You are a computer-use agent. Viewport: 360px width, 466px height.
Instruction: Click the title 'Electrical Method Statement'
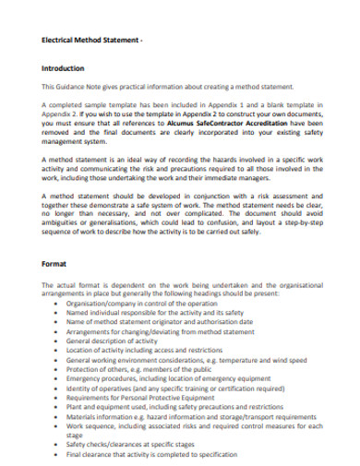91,42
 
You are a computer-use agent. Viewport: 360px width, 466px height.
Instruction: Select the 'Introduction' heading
63,69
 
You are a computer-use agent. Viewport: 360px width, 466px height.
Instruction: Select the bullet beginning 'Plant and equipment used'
176,407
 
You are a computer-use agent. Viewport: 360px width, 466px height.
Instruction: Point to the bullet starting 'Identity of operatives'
184,388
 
